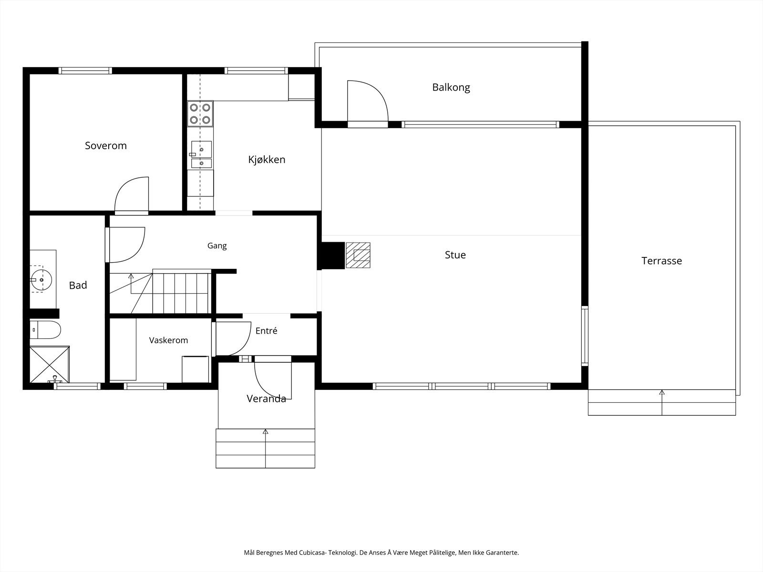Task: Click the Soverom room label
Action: (x=106, y=145)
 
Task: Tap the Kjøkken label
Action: (x=267, y=160)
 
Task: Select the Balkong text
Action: (x=451, y=88)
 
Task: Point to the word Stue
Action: (x=455, y=255)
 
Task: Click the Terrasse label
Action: (x=661, y=261)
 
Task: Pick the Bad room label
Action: (x=78, y=286)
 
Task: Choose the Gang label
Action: (x=217, y=246)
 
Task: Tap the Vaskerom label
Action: (x=169, y=340)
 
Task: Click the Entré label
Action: (x=266, y=331)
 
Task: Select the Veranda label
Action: (x=266, y=398)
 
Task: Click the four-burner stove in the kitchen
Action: (x=200, y=113)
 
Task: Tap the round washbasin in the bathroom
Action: (x=41, y=280)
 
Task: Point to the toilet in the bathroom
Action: (x=45, y=329)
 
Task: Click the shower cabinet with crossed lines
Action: (x=50, y=364)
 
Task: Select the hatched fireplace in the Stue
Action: (x=358, y=255)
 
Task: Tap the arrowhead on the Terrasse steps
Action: (x=662, y=392)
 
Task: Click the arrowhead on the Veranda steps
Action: (x=266, y=432)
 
